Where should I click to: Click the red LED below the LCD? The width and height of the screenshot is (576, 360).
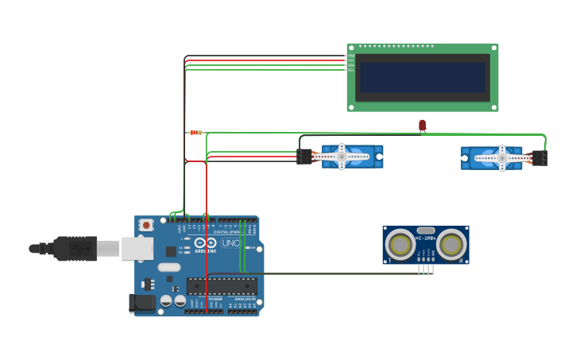422,125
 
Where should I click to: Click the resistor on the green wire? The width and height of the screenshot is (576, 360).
195,133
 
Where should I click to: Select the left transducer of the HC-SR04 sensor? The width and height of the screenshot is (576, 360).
399,245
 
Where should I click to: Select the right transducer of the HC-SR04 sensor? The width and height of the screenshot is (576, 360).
451,245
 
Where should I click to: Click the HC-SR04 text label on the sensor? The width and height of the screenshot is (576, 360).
425,237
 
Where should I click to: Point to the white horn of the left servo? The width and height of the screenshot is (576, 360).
342,157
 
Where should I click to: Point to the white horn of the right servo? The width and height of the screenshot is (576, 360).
501,157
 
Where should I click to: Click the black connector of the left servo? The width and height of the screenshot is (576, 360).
304,157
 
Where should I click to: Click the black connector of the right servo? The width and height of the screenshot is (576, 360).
540,158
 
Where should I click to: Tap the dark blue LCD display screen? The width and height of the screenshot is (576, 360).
422,78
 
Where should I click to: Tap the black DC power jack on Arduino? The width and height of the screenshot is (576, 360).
141,303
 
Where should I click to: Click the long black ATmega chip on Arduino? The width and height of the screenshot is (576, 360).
222,285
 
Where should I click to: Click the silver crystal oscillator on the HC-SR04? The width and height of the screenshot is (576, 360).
425,230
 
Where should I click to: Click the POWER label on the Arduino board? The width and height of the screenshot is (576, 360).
215,299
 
